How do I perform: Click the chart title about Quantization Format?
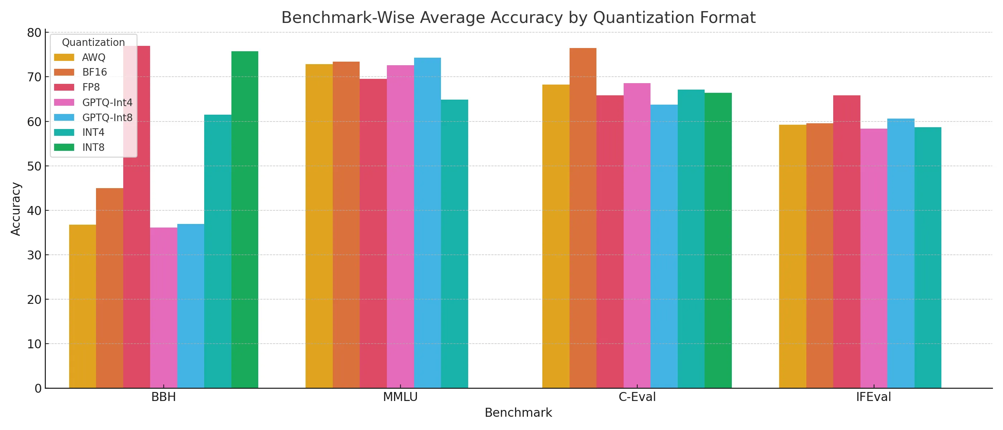(518, 18)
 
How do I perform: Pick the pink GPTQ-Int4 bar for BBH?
(164, 308)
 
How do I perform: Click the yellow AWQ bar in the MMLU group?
(319, 226)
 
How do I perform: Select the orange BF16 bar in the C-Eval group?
(582, 218)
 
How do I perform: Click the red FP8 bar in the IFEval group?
(846, 242)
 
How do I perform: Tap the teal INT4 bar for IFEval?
(927, 257)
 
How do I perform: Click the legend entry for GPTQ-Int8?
(107, 118)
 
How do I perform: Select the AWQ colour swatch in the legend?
(64, 57)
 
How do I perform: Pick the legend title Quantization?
(93, 42)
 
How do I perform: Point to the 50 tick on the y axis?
(34, 166)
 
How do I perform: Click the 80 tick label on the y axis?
(34, 33)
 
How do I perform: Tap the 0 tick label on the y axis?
(38, 388)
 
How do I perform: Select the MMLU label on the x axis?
(400, 397)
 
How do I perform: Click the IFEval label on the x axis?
(873, 397)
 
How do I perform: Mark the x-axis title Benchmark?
(518, 413)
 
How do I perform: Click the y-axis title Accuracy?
(15, 209)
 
